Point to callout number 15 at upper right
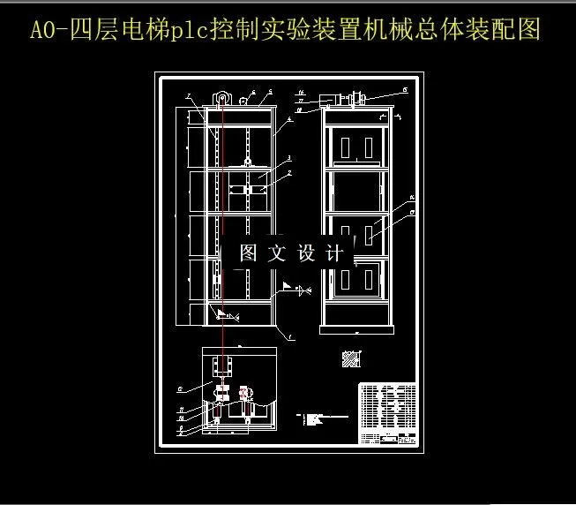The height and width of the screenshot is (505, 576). [404, 89]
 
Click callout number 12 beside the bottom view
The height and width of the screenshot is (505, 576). [180, 388]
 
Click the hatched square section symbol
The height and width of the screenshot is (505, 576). [351, 358]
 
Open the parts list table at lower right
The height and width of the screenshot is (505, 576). [387, 413]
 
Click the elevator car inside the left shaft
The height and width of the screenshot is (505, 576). [248, 188]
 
